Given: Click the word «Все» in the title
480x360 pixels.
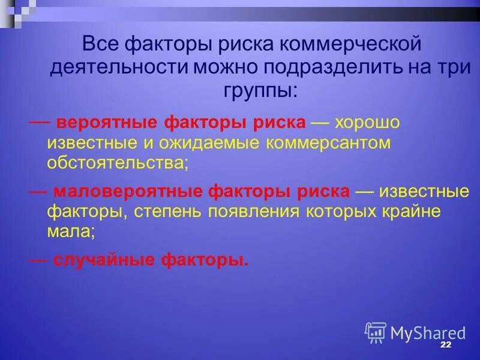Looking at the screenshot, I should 100,44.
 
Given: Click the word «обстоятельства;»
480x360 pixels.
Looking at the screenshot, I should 118,163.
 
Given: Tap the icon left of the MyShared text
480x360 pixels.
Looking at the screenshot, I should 375,332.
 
